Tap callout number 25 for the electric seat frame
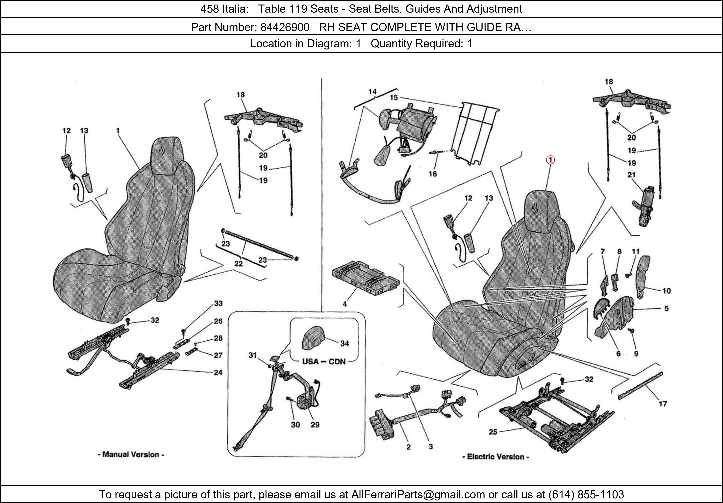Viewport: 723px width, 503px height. (x=493, y=432)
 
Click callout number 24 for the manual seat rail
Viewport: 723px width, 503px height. (x=218, y=372)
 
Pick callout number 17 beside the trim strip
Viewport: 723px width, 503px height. (x=663, y=403)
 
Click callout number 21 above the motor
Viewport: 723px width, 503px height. (x=631, y=175)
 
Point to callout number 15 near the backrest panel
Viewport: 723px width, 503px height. (x=394, y=98)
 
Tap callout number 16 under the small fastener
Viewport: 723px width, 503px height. (x=433, y=174)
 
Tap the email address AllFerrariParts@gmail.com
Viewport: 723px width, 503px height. (x=418, y=495)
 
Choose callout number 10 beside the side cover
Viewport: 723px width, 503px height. (x=666, y=291)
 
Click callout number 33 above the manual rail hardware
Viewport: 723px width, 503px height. (x=218, y=303)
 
